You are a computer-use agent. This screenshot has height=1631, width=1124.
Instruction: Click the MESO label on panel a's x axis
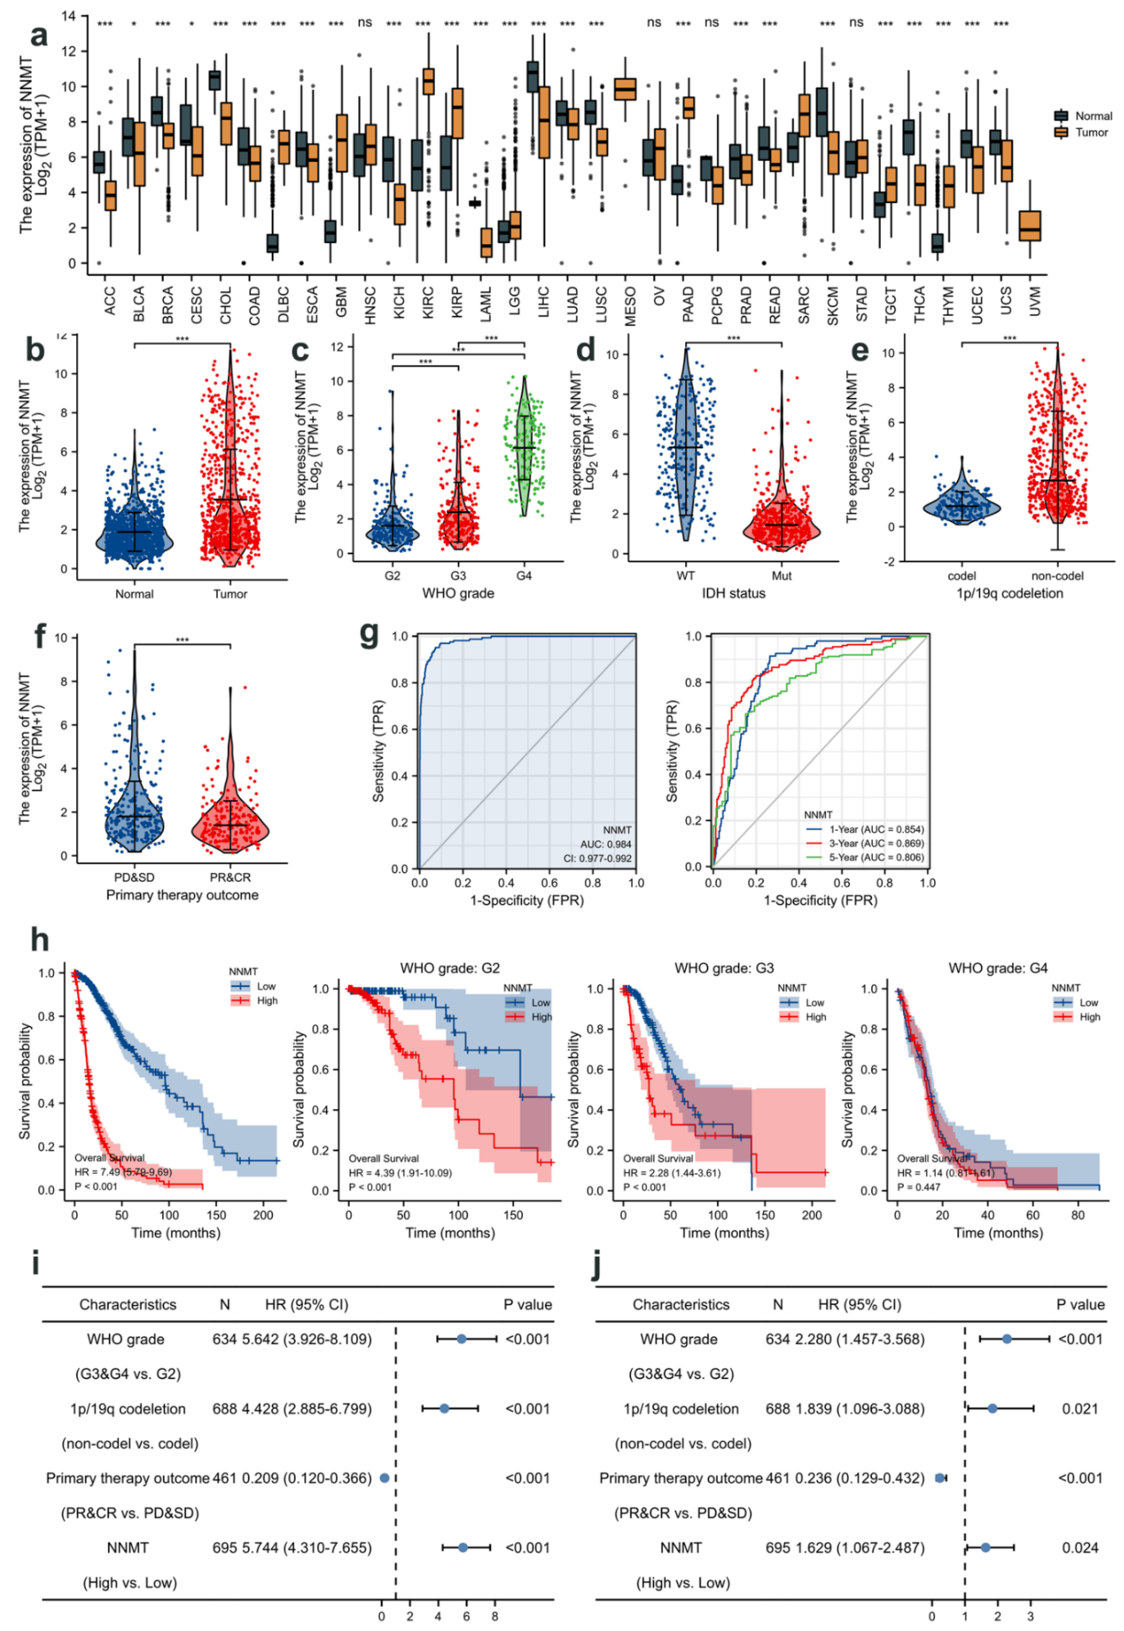(x=630, y=306)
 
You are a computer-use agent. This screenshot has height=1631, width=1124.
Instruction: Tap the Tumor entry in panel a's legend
(x=1090, y=133)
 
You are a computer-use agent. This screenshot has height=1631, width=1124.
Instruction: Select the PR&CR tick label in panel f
(x=230, y=878)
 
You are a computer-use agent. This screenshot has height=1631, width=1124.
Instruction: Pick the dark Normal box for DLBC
(x=272, y=243)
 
